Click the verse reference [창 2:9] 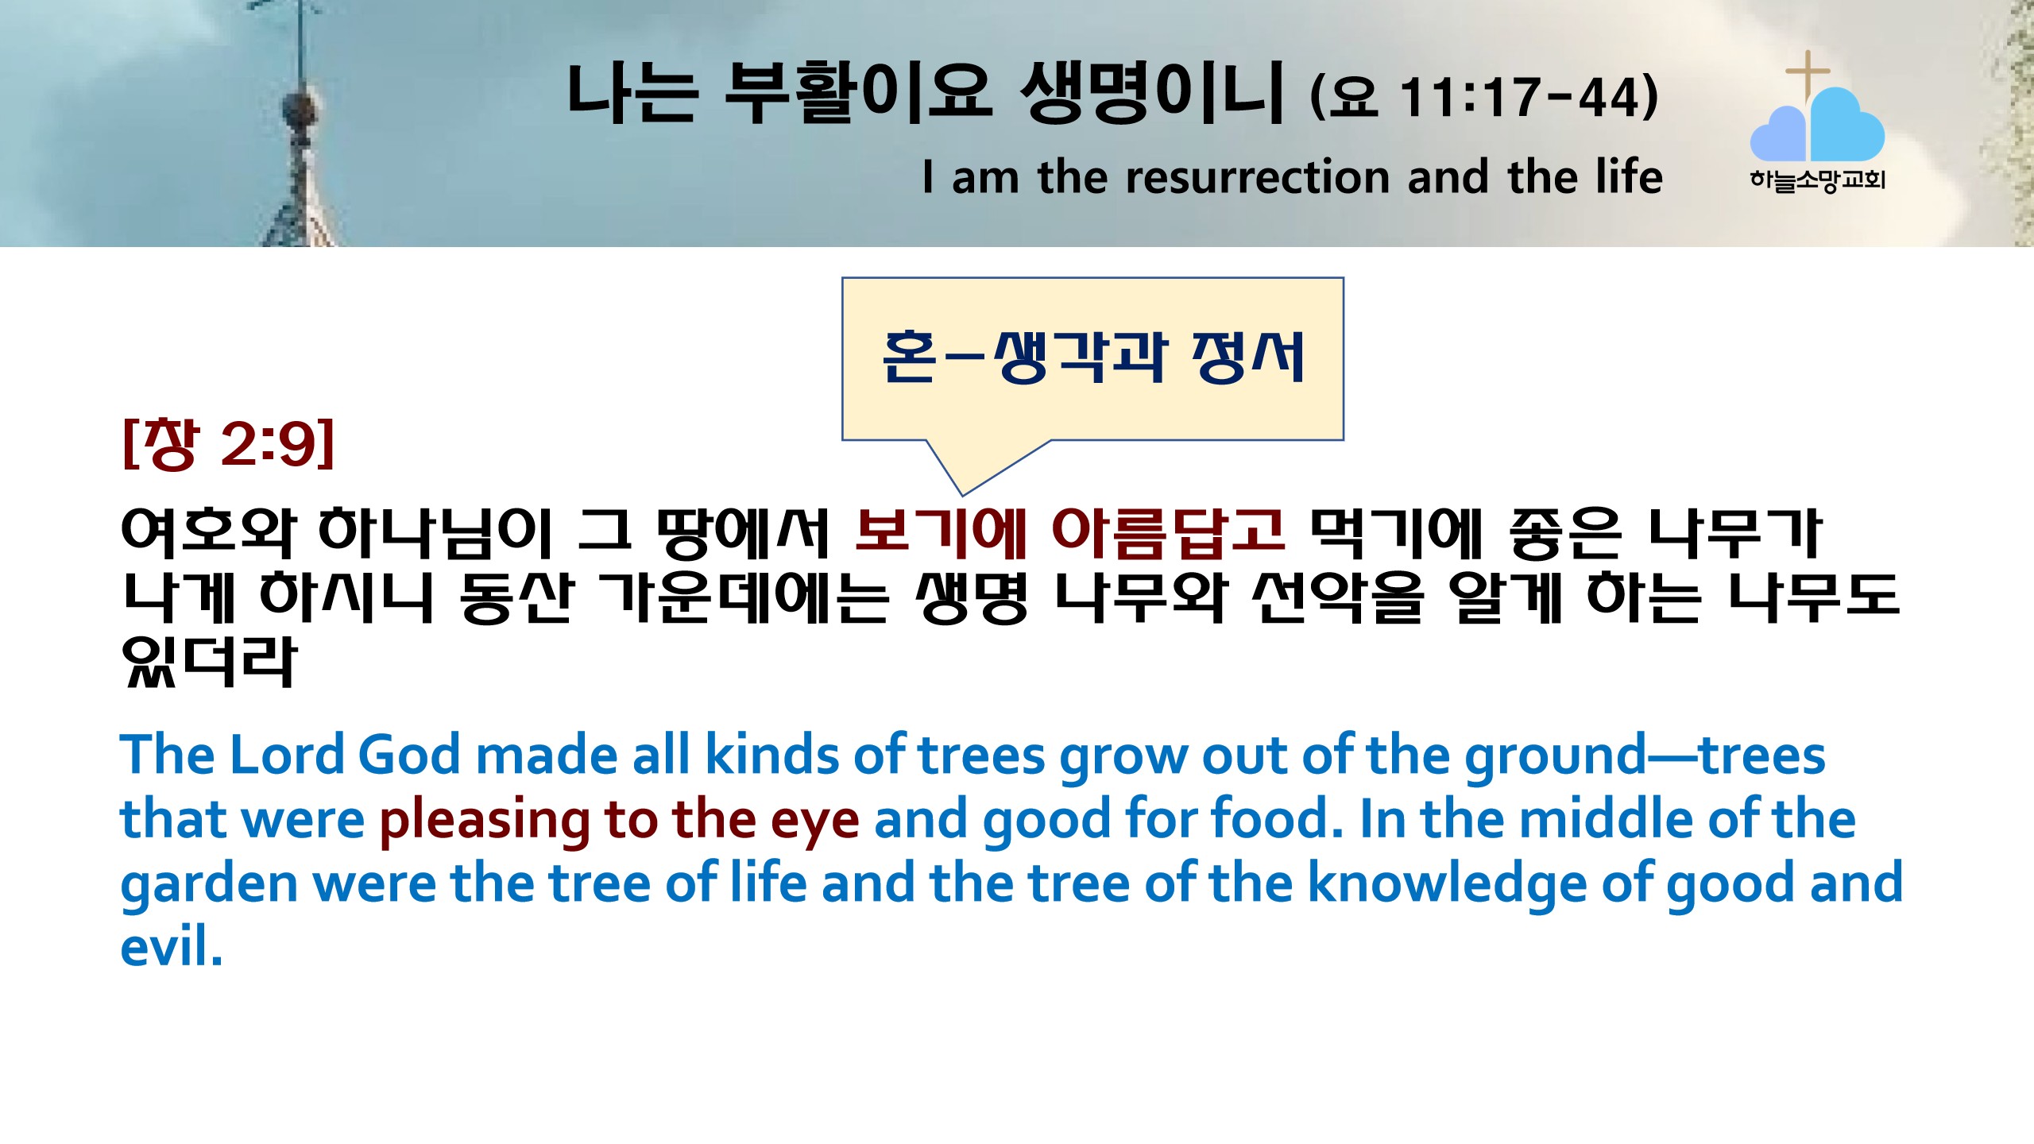[x=229, y=443]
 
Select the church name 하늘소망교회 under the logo [x=1817, y=180]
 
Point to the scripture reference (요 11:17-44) [x=1484, y=96]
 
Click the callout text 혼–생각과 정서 [x=1093, y=357]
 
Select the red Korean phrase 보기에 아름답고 [x=1069, y=531]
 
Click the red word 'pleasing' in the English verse [x=484, y=821]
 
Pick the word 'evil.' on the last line [x=171, y=946]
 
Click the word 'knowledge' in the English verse [x=1447, y=883]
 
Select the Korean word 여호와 [x=208, y=531]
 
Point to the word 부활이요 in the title [x=858, y=93]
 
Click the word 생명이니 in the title [x=1151, y=93]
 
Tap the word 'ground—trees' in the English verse [x=1645, y=756]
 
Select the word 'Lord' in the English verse [x=287, y=754]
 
